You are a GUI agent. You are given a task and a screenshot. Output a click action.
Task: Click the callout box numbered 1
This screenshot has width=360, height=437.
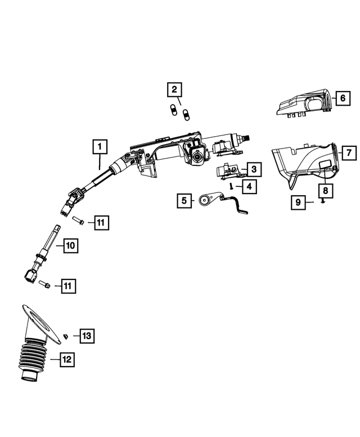click(98, 147)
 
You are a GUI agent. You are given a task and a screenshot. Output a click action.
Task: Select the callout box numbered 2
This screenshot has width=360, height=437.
click(174, 89)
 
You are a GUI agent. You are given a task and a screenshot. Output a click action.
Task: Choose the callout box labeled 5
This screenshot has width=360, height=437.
click(184, 200)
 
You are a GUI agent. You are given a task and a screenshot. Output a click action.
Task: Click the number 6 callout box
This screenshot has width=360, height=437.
click(341, 98)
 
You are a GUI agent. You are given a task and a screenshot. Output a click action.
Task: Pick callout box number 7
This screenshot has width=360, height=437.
click(348, 152)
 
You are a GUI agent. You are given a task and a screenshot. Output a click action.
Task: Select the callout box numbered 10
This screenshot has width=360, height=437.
click(70, 245)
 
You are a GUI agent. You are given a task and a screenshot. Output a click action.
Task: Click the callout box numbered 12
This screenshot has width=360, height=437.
click(67, 358)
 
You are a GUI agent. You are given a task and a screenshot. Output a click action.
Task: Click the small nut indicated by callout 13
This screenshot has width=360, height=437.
click(65, 336)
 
